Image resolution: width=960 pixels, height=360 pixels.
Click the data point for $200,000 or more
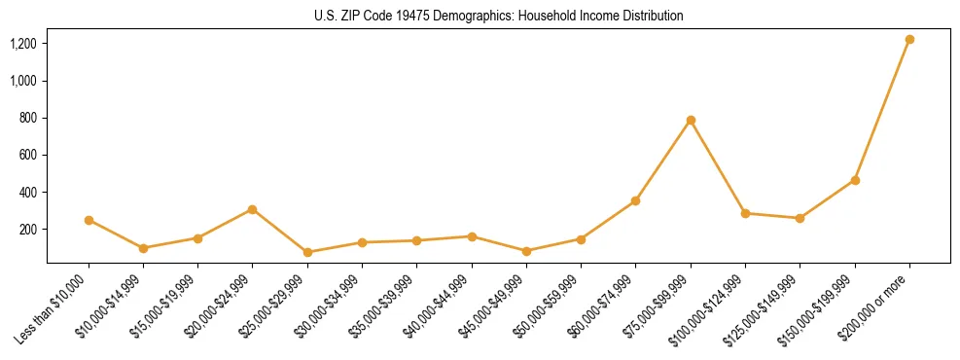[909, 39]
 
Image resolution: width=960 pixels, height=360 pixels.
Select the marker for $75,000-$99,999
[691, 120]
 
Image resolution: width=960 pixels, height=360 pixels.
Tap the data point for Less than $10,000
[89, 220]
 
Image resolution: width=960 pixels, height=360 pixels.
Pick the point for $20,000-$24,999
[253, 209]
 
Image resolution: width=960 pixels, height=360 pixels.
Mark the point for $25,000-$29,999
[307, 252]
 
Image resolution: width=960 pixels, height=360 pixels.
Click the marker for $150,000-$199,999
[855, 180]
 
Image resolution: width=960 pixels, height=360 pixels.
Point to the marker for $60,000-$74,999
[635, 200]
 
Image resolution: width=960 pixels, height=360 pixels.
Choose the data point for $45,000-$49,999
[526, 251]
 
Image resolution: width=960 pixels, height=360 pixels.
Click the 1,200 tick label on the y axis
[23, 44]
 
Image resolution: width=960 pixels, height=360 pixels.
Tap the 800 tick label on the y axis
[28, 118]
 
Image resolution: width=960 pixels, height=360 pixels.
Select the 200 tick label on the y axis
[28, 230]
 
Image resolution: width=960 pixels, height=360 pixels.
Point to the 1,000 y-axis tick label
[23, 81]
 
